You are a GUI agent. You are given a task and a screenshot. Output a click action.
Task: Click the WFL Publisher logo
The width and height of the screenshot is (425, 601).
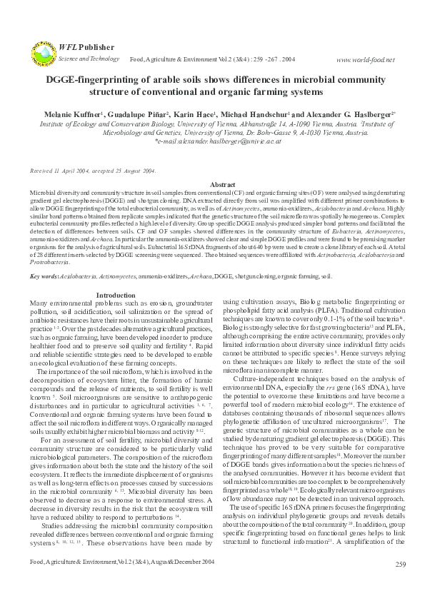[43, 53]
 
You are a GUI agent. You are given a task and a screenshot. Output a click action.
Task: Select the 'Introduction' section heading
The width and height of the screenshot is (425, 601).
[116, 295]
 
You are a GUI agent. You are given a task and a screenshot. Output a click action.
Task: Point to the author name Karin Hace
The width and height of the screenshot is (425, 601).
[193, 113]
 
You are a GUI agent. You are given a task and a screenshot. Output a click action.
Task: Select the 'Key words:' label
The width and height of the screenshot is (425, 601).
[44, 276]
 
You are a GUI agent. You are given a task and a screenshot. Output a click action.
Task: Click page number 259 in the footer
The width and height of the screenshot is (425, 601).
[400, 585]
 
